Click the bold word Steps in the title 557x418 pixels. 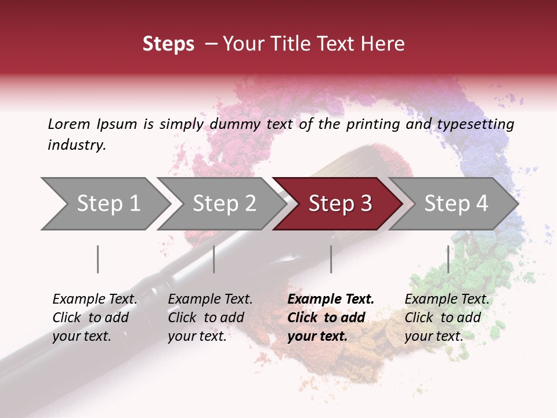click(x=168, y=44)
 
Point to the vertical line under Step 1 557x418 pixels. click(x=98, y=259)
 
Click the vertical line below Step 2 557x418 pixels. click(x=214, y=259)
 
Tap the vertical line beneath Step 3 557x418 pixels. click(x=331, y=259)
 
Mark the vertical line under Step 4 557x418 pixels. click(x=448, y=259)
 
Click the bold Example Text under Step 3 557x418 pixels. click(x=331, y=300)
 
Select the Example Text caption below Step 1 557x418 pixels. click(x=95, y=300)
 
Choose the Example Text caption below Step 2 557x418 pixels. click(x=210, y=300)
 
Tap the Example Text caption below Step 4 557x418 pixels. click(x=447, y=300)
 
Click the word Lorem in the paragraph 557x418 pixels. click(x=69, y=124)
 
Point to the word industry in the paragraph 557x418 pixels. click(x=77, y=145)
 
